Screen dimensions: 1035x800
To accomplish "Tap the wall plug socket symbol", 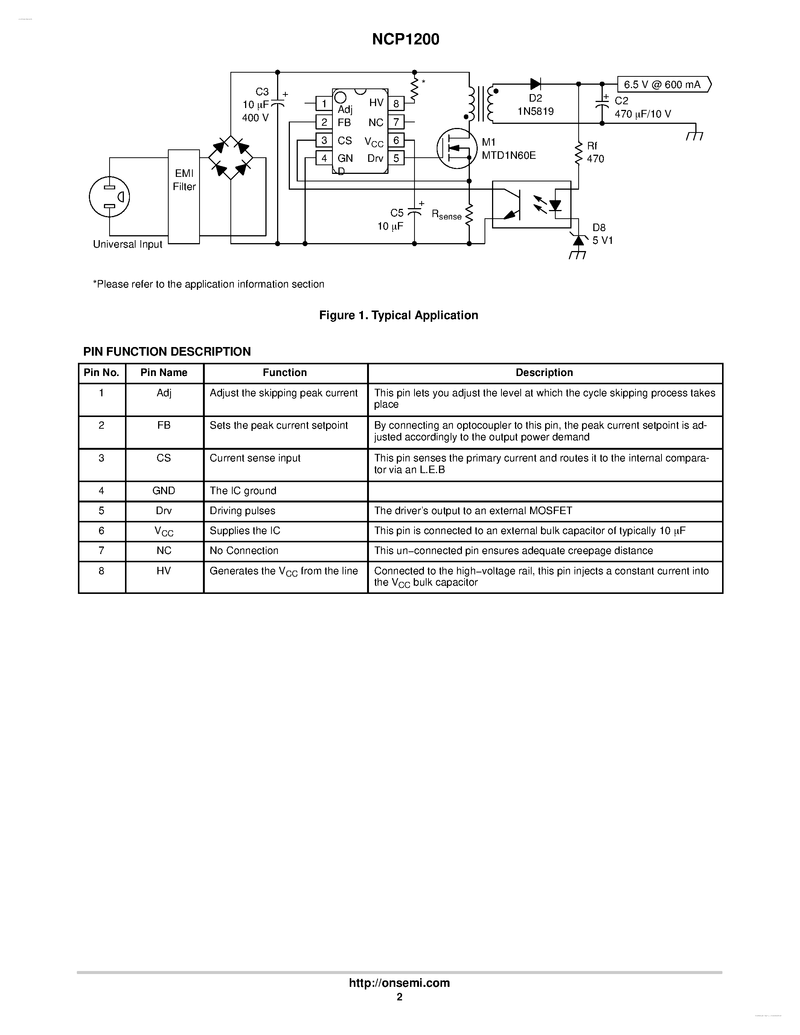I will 110,197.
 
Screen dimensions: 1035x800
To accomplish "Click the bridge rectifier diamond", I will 231,158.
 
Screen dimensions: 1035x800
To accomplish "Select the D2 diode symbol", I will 536,84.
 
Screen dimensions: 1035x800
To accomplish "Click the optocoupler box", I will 532,204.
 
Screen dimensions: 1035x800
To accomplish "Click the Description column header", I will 544,373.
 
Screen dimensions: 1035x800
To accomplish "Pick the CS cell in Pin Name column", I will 163,458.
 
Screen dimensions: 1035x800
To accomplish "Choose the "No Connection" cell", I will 244,551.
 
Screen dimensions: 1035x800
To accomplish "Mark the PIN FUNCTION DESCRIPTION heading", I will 167,352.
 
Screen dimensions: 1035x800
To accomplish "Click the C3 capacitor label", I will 262,92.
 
